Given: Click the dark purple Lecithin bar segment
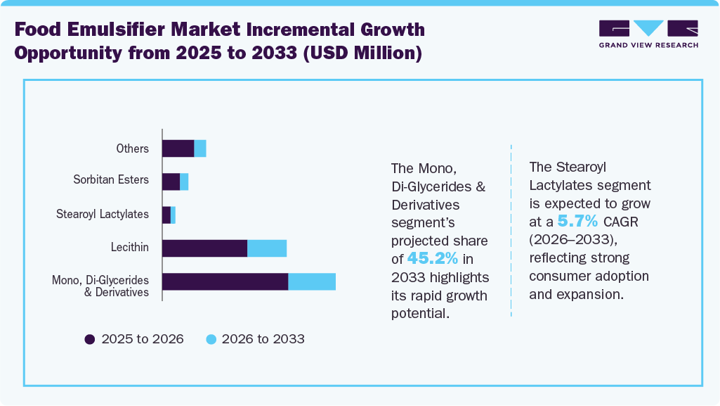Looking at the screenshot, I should (x=204, y=248).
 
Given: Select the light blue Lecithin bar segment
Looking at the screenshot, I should (x=267, y=248).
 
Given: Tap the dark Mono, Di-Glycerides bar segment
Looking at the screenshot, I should (x=225, y=281).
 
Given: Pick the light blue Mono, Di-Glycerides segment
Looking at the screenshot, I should (x=312, y=281).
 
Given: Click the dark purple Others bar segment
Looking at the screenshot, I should (x=178, y=148).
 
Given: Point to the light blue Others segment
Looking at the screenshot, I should (x=200, y=148).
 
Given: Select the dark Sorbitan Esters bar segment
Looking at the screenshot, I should (x=171, y=182).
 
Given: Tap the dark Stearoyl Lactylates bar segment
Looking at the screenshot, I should (x=166, y=215).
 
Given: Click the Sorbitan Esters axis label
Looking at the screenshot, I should (x=111, y=180).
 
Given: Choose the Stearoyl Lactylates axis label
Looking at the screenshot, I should (x=103, y=214).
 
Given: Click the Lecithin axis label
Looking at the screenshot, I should (x=130, y=247).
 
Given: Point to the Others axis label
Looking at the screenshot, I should (x=133, y=148).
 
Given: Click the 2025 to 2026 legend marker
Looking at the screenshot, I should (x=90, y=339).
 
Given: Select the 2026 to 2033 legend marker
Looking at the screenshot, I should (x=211, y=339).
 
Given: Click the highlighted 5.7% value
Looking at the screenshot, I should (x=577, y=222).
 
